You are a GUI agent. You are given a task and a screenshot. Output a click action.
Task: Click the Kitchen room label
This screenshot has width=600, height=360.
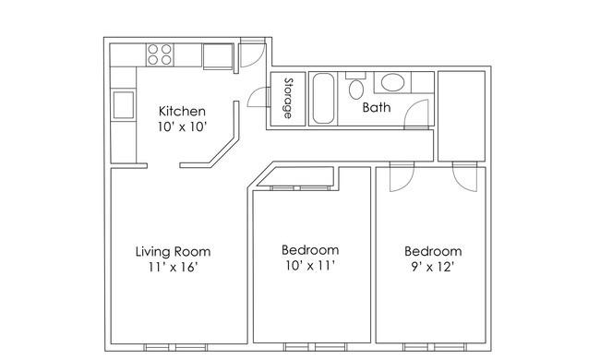pos(182,112)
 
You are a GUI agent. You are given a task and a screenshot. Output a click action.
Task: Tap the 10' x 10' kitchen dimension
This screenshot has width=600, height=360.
pos(182,126)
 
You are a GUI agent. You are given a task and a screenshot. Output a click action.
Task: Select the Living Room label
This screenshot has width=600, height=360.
pos(173,251)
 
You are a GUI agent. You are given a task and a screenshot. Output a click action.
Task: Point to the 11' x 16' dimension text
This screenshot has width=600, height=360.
pos(173,267)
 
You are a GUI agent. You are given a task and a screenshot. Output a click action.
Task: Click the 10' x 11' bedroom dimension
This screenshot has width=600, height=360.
pos(310,265)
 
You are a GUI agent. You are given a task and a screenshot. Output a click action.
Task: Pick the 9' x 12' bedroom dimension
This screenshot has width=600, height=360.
pos(433,267)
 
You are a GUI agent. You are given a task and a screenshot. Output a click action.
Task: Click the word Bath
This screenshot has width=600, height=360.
pos(377,107)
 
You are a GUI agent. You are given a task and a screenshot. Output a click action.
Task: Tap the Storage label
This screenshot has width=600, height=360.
pos(289,98)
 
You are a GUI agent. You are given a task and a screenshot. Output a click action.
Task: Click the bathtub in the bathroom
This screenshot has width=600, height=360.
pos(324,99)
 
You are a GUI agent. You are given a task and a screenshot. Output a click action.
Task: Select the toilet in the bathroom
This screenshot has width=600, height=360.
pos(356,86)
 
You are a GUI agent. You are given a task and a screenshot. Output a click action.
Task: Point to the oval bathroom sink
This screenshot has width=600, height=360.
pos(392,82)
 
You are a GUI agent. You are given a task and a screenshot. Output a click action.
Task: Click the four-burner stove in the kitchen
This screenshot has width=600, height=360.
pos(160,54)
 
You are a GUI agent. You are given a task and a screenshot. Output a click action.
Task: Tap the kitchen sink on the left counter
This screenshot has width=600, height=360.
pos(123,104)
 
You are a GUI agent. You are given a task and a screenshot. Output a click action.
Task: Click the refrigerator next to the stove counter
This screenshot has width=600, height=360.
pos(218,56)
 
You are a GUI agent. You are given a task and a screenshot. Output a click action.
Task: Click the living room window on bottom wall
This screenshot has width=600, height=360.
pos(175,347)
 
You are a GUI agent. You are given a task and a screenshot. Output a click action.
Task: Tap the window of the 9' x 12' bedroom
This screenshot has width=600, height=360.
pos(435,347)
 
